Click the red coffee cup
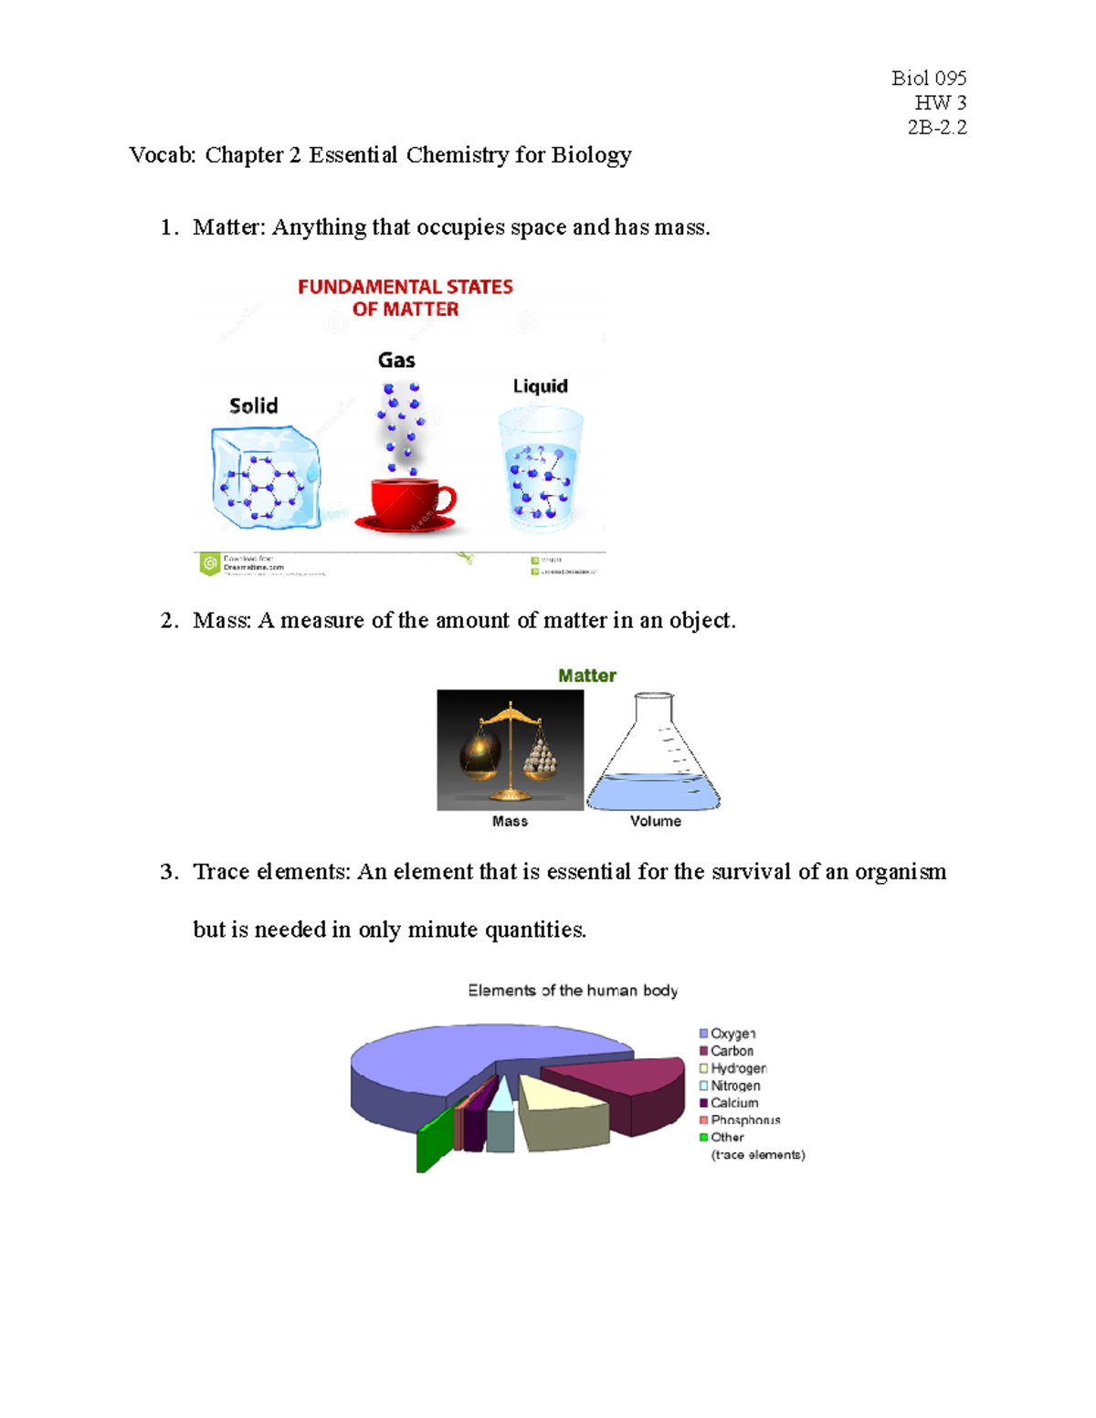coord(407,500)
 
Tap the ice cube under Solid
coord(265,478)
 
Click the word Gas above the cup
coord(396,361)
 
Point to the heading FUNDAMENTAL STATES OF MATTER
coord(406,298)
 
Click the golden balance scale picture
coord(510,750)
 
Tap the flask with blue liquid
coord(654,757)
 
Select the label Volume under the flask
coord(655,821)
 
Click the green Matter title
coord(587,676)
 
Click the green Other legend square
coord(704,1138)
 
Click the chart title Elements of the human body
coord(573,991)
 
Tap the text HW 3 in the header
coord(940,102)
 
